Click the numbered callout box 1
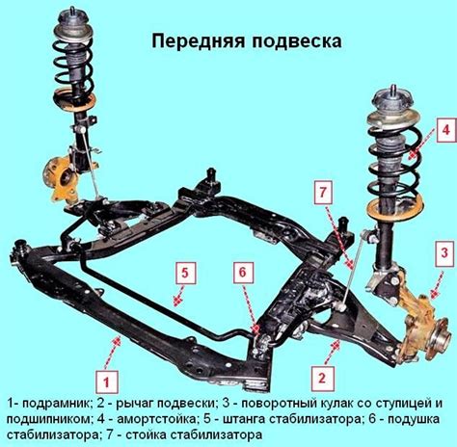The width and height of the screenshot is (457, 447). click(107, 382)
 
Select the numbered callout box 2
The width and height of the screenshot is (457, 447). click(322, 379)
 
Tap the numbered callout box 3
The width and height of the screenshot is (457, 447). click(444, 253)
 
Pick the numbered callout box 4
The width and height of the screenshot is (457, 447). click(445, 130)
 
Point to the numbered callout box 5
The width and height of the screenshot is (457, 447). click(184, 273)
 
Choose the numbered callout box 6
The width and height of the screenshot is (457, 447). click(243, 273)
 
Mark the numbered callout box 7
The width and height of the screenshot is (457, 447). click(323, 193)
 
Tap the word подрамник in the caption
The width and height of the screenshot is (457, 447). click(57, 405)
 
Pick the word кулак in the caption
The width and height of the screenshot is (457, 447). click(336, 404)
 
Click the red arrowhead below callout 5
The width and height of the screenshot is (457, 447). click(176, 302)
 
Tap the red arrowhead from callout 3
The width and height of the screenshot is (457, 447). click(435, 294)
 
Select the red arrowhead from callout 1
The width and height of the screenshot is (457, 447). click(118, 342)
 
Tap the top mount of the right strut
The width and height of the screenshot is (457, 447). click(392, 102)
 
